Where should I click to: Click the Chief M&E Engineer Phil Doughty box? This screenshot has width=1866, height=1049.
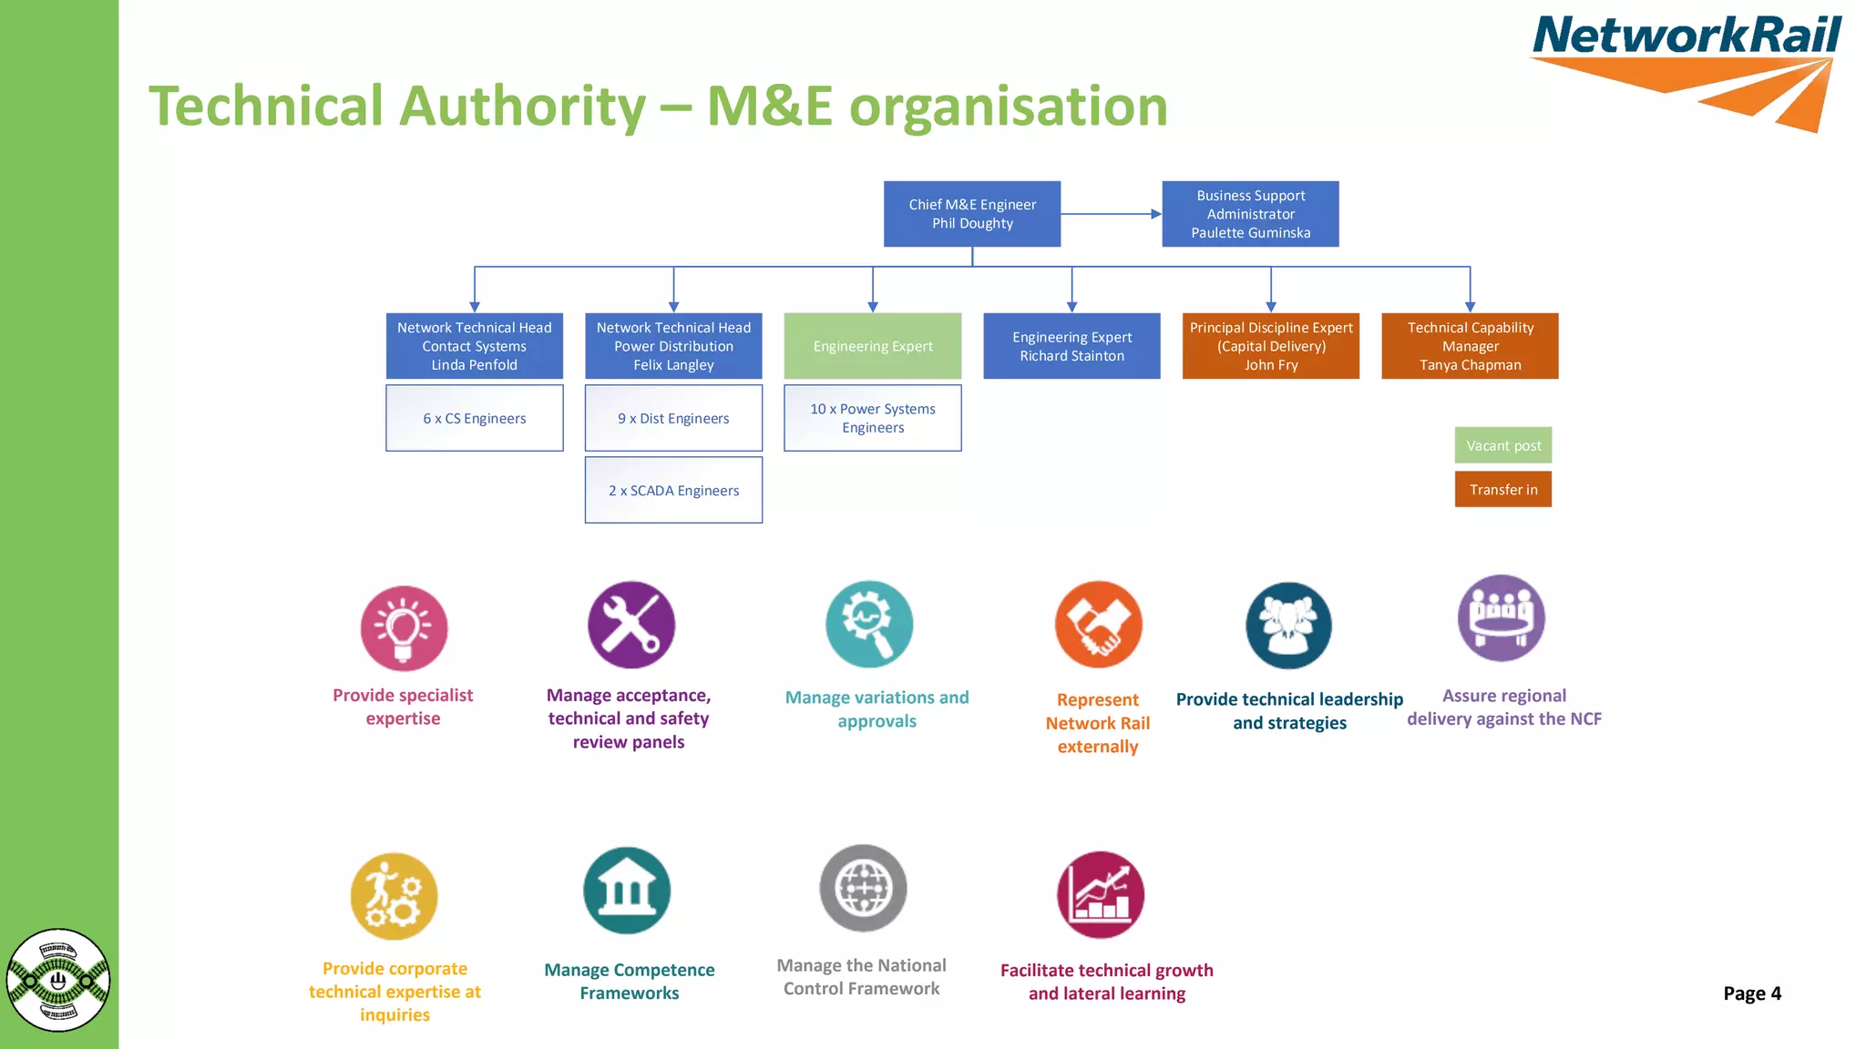(x=971, y=214)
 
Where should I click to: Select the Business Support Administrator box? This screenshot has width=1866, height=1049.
(x=1250, y=214)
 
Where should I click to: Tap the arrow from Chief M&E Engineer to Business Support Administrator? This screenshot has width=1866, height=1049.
(x=1111, y=214)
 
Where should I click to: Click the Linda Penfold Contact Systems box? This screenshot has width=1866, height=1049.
(x=474, y=346)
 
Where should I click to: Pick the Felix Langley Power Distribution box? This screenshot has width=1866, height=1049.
(x=673, y=346)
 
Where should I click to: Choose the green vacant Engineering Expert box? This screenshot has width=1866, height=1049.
(x=872, y=346)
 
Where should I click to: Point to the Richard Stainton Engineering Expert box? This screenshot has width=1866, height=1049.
(x=1071, y=346)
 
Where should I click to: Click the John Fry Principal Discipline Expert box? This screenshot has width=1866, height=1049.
(x=1270, y=346)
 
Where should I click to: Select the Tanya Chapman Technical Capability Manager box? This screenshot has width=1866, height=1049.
(x=1470, y=346)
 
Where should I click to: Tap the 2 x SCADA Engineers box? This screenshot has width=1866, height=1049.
(x=673, y=490)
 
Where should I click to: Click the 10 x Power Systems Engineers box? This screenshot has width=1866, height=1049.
(x=872, y=418)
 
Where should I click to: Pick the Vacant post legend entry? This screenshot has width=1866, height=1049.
(x=1502, y=445)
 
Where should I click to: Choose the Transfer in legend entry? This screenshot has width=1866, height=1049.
(x=1502, y=489)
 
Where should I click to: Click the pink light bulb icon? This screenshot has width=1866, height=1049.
(x=404, y=628)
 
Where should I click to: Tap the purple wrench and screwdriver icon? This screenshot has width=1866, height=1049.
(x=631, y=625)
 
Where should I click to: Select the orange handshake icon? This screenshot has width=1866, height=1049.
(x=1098, y=625)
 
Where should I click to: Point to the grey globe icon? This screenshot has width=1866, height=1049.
(x=862, y=888)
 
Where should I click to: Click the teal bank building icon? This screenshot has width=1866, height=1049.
(x=627, y=891)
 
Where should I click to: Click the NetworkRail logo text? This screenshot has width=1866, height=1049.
(x=1686, y=36)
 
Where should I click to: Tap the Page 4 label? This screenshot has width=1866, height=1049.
(x=1751, y=993)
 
